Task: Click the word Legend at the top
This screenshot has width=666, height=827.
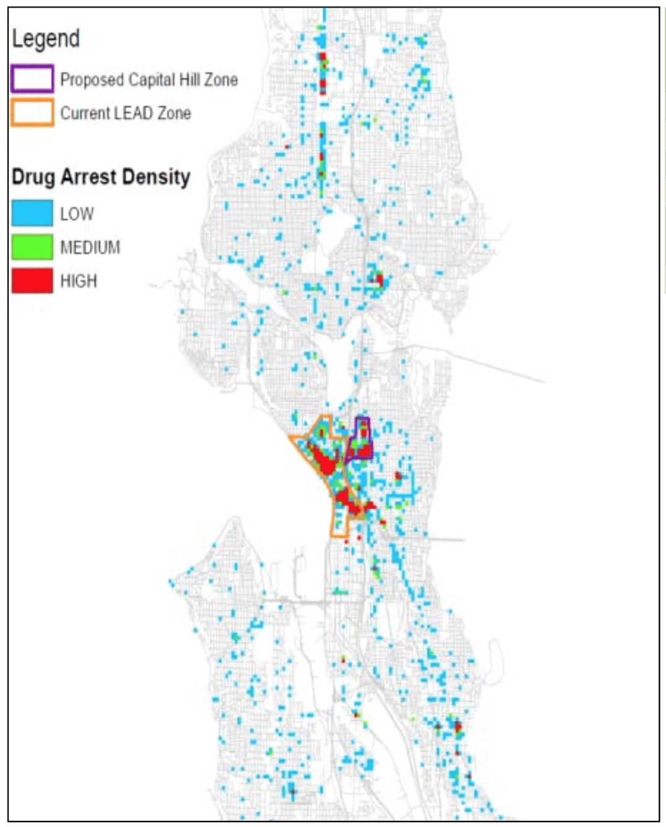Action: click(46, 39)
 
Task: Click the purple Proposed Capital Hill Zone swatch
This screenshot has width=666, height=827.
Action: click(32, 79)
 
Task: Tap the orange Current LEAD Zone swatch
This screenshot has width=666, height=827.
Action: click(32, 113)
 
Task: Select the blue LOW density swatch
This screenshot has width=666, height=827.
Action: click(32, 214)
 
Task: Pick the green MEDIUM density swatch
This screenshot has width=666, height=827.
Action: click(32, 247)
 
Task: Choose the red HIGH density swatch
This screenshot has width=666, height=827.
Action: click(32, 280)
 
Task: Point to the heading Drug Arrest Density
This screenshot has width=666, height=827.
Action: click(101, 177)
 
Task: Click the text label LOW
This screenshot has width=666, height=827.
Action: click(77, 214)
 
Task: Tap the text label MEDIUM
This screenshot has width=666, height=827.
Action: click(90, 248)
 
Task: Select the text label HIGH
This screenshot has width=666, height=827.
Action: click(79, 281)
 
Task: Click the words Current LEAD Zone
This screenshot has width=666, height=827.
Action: click(126, 113)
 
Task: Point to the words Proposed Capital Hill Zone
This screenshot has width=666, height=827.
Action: click(149, 80)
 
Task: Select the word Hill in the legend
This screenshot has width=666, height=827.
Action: click(189, 80)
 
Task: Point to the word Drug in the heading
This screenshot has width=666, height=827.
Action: click(33, 177)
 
